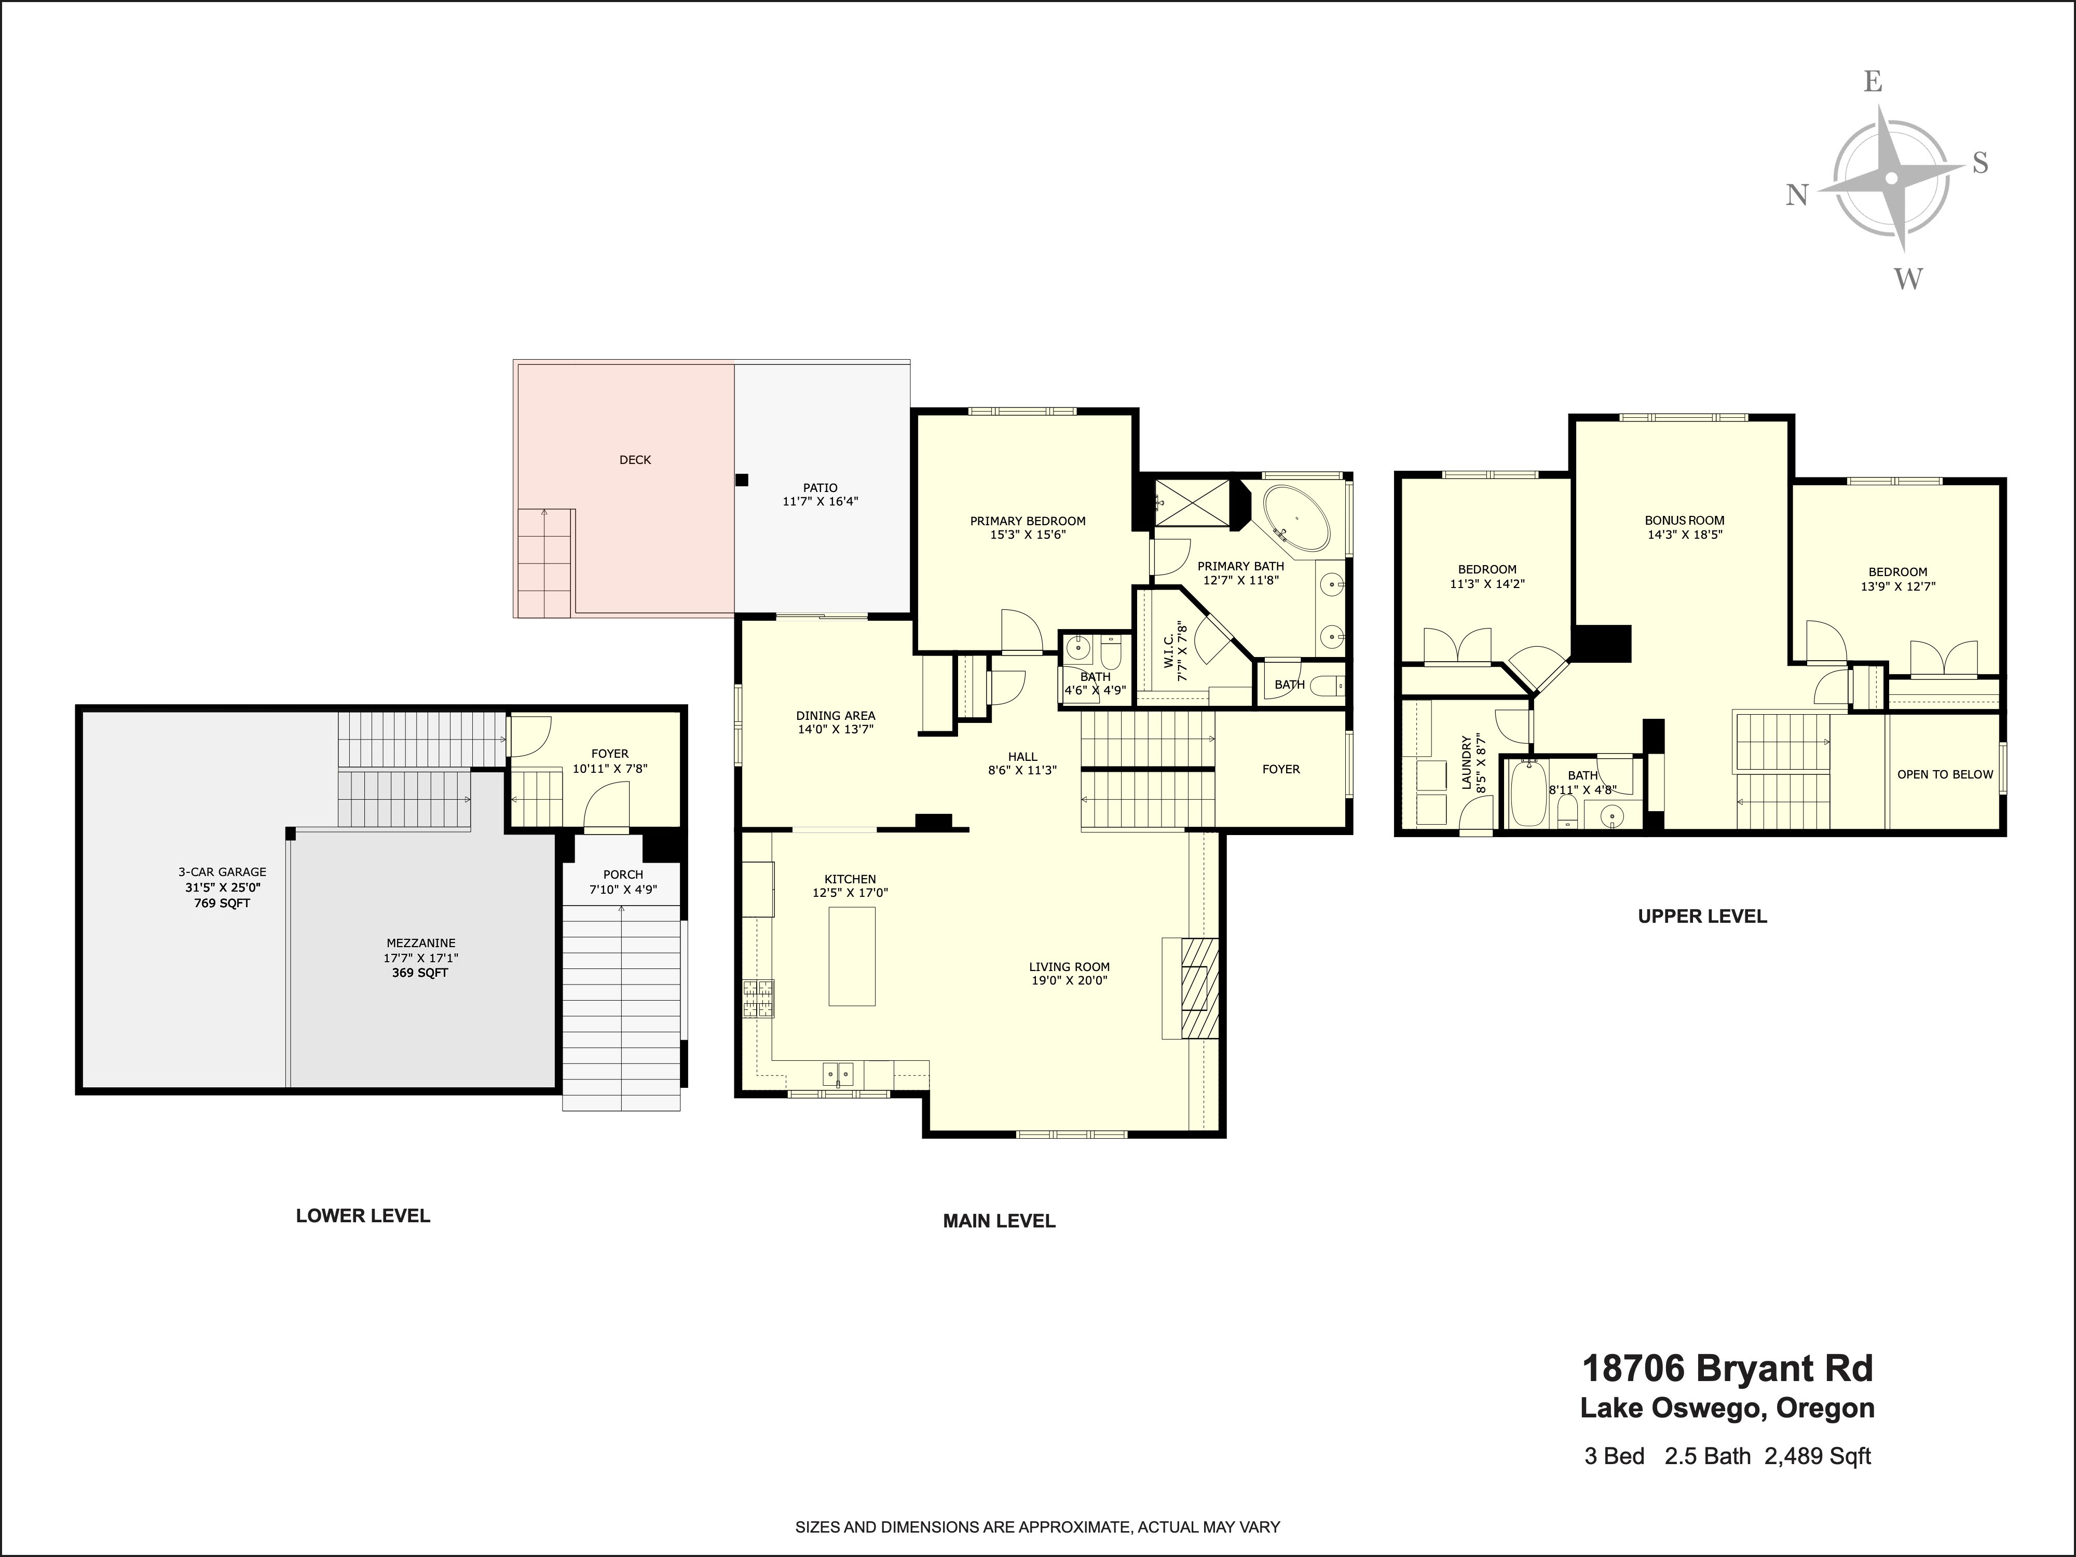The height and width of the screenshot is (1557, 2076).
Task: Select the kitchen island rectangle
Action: coord(851,957)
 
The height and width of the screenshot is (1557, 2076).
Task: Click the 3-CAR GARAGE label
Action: coord(223,872)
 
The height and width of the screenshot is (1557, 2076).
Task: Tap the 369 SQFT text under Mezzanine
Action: coord(420,973)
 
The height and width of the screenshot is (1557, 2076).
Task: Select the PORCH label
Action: coord(623,875)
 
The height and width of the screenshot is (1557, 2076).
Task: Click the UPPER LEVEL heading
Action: coord(1702,916)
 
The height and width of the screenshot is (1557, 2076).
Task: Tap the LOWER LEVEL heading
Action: coord(363,1215)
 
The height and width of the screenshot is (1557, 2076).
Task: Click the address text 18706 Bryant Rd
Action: coord(1728,1369)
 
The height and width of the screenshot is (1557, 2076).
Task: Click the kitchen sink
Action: coord(838,1073)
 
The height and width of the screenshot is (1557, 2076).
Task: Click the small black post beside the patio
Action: coord(742,480)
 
